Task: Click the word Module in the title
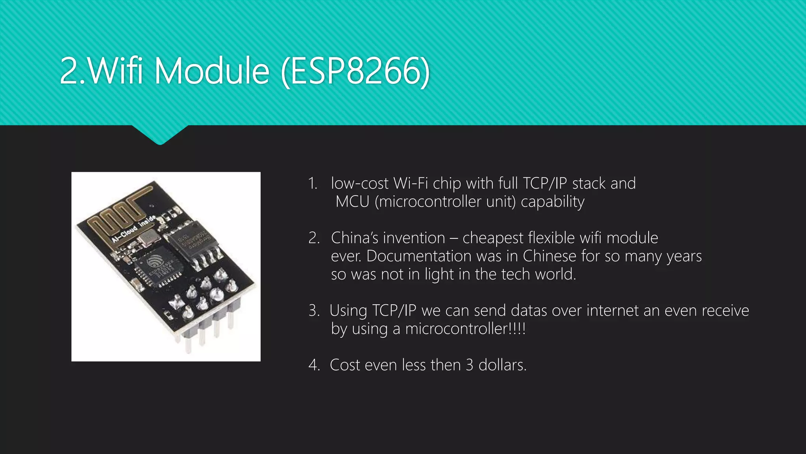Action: click(212, 71)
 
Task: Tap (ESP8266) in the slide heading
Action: click(355, 71)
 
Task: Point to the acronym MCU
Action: click(353, 202)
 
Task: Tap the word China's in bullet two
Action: click(355, 238)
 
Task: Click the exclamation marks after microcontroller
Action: click(518, 328)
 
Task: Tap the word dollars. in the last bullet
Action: click(502, 365)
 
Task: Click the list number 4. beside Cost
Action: click(314, 365)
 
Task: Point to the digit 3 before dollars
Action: click(470, 365)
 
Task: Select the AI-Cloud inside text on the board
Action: click(133, 229)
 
